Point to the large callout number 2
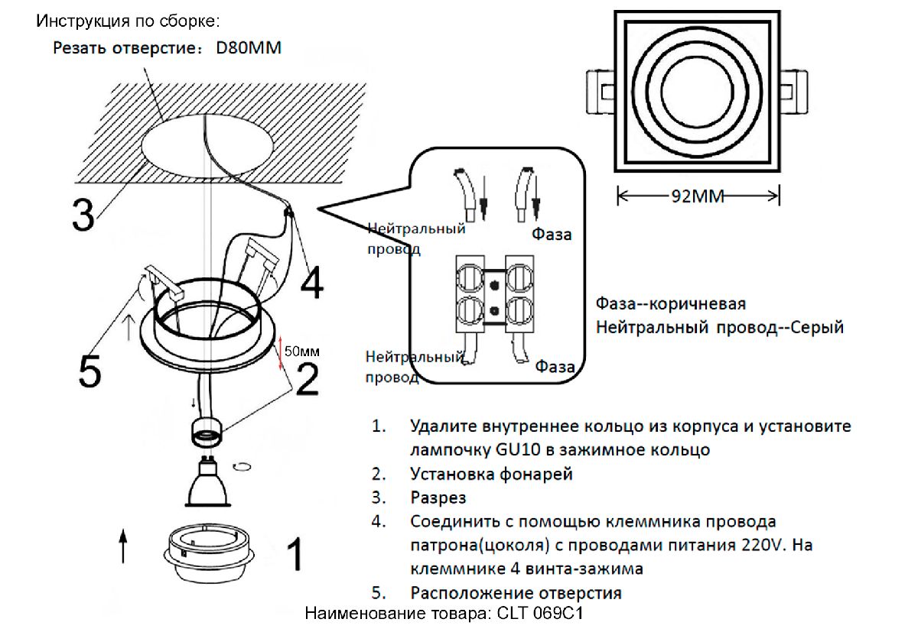(307, 378)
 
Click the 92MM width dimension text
(698, 196)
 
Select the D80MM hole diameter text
(249, 49)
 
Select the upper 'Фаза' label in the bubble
(552, 235)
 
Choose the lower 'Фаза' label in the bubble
(555, 367)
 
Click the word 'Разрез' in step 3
(438, 498)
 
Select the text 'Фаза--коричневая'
(670, 304)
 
